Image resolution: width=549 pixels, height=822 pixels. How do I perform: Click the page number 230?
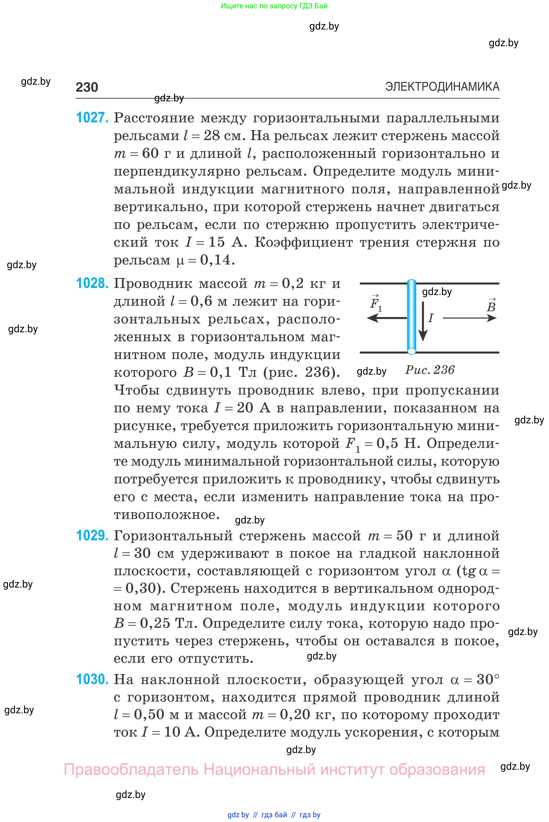coord(87,87)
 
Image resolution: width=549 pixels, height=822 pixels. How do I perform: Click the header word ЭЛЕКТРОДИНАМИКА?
coord(442,87)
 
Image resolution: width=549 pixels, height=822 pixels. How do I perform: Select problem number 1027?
coord(92,118)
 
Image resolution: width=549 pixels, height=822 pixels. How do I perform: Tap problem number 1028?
coord(92,283)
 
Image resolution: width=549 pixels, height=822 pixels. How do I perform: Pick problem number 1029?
coord(92,536)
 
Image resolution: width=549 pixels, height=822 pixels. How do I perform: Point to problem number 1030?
coord(92,679)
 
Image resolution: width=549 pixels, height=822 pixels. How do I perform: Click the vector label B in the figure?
coord(491,306)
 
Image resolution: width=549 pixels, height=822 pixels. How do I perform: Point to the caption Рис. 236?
coord(429,370)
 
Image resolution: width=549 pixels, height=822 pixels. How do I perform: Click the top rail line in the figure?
coord(455,283)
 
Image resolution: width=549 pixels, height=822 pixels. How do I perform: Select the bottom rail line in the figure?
coord(455,352)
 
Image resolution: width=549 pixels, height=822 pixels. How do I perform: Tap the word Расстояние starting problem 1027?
coord(154,118)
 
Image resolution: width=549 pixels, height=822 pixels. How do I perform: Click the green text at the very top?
coord(274,6)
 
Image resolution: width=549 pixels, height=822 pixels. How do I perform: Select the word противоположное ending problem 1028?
coord(167,515)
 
